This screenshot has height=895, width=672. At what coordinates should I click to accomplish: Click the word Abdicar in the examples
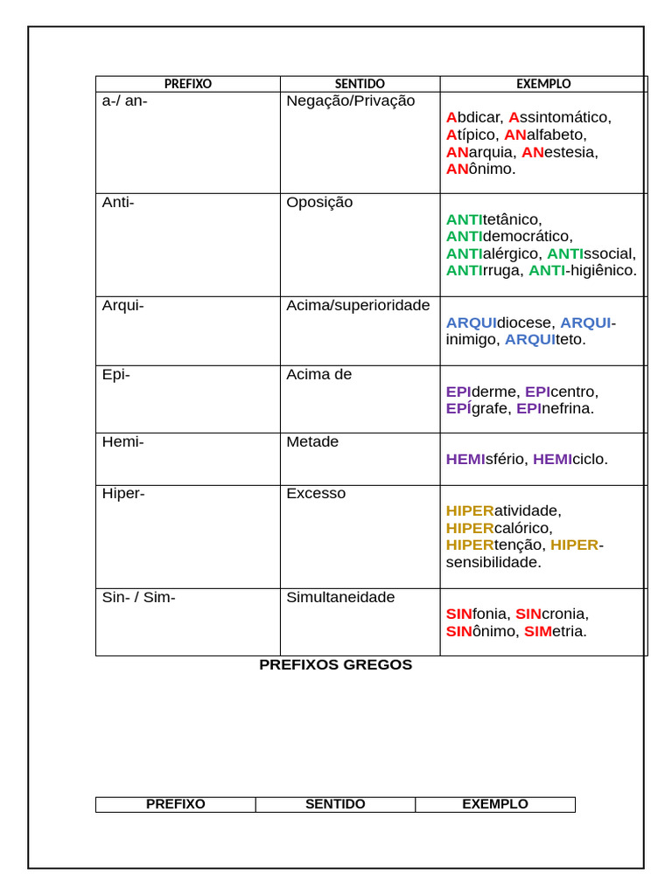(x=473, y=117)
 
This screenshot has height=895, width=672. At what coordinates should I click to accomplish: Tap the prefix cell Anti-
(x=118, y=203)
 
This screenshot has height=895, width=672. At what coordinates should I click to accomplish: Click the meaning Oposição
(x=319, y=203)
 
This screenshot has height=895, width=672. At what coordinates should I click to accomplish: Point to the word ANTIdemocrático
(x=509, y=237)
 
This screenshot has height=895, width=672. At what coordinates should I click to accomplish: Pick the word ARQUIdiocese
(x=499, y=323)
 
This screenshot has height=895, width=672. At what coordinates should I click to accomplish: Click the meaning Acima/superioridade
(x=358, y=305)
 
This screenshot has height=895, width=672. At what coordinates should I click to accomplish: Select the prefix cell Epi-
(x=115, y=374)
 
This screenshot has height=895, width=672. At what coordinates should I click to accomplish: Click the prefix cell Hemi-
(x=122, y=442)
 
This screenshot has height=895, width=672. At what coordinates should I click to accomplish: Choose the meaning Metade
(x=312, y=442)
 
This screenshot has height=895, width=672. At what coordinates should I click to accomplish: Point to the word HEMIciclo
(x=570, y=460)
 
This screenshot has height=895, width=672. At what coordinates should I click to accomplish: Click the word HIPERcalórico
(x=499, y=528)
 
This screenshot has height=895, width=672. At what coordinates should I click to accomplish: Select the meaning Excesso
(x=316, y=494)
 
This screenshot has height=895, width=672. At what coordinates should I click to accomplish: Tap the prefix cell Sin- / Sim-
(x=138, y=598)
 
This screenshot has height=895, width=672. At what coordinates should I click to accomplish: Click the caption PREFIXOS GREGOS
(x=335, y=665)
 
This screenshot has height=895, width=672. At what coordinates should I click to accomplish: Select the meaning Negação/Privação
(x=350, y=101)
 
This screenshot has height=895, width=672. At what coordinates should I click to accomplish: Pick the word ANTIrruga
(x=483, y=271)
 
